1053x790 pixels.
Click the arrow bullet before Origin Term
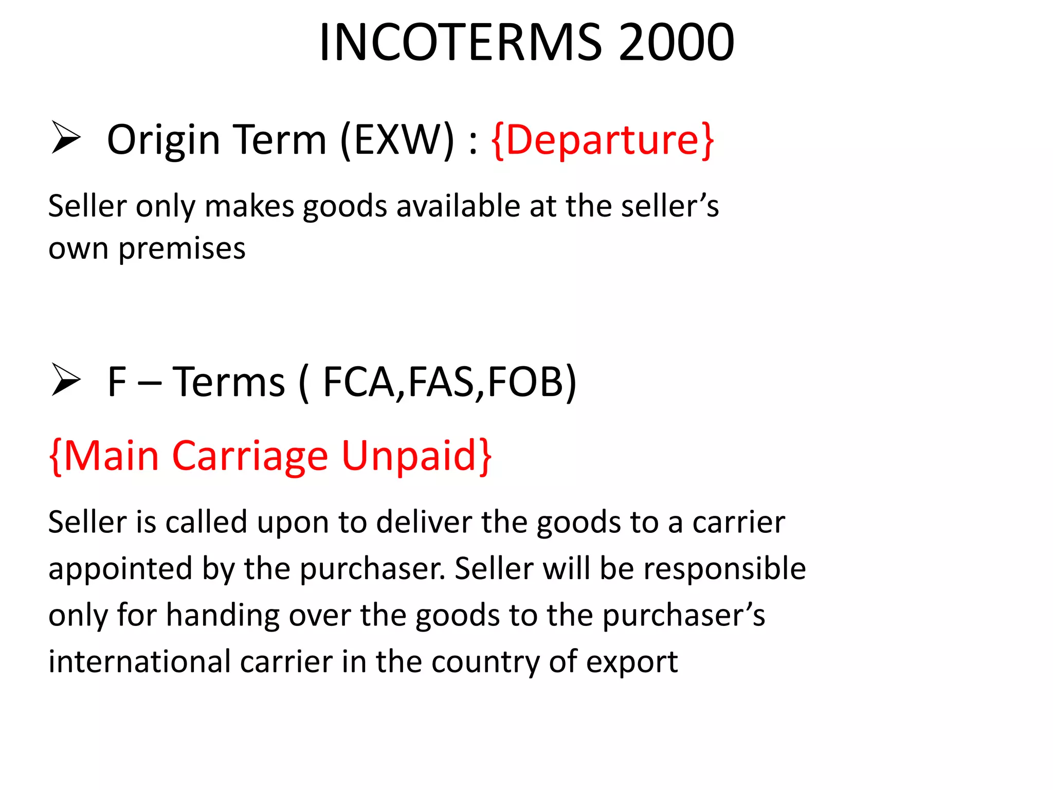[x=66, y=138]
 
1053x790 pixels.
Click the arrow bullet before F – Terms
[x=66, y=380]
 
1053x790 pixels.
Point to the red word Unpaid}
[x=416, y=456]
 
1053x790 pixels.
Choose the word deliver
[x=424, y=523]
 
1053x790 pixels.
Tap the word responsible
[x=724, y=569]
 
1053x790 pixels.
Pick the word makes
[x=249, y=206]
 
